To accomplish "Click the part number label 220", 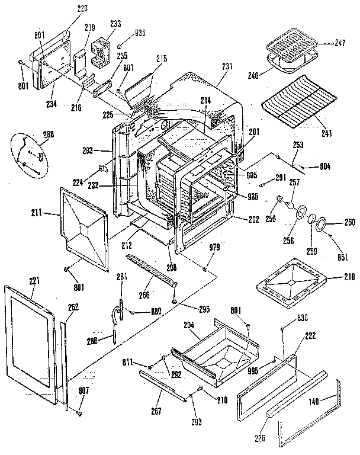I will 81,9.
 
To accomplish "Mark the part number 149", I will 314,401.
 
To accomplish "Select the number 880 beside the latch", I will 156,312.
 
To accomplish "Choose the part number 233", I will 115,24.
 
